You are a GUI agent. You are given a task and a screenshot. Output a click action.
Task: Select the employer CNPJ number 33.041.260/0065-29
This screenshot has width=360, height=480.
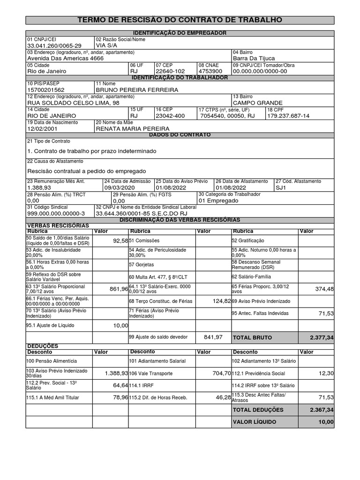click(x=54, y=45)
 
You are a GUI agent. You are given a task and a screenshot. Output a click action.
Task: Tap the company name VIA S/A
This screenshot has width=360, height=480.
click(x=106, y=45)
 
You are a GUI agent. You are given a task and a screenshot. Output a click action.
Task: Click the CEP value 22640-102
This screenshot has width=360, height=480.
click(x=170, y=71)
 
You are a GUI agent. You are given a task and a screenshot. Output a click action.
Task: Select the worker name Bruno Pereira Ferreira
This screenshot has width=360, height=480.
click(x=137, y=90)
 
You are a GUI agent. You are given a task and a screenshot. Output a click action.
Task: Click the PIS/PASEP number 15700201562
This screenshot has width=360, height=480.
click(x=46, y=90)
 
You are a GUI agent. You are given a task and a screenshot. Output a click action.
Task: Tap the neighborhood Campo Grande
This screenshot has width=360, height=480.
click(x=257, y=103)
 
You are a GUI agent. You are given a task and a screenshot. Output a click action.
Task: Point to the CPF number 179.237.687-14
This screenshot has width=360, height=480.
click(x=288, y=115)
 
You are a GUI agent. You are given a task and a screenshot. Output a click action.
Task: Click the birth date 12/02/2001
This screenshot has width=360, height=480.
click(x=45, y=128)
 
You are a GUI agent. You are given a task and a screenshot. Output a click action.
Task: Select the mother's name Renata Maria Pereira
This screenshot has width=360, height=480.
click(x=133, y=128)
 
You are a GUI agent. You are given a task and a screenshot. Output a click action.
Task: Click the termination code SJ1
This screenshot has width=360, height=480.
click(x=280, y=187)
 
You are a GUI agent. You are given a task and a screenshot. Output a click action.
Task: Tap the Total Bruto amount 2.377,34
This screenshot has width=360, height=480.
click(x=322, y=337)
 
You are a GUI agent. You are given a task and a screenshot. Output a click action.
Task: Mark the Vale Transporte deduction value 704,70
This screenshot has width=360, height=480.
click(x=222, y=373)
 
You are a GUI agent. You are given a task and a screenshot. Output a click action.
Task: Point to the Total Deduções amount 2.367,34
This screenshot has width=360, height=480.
click(x=322, y=410)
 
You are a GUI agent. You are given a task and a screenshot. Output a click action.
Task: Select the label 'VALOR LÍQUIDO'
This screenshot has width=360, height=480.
click(x=255, y=422)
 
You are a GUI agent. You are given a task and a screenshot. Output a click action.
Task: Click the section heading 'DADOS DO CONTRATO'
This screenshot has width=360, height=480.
click(x=180, y=135)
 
